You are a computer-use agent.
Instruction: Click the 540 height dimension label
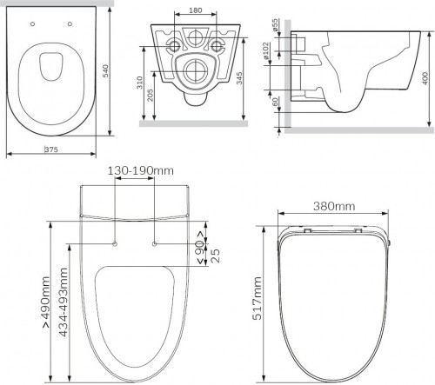(106, 71)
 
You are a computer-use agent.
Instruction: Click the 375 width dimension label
(52, 149)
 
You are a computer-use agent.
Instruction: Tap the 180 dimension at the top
(196, 10)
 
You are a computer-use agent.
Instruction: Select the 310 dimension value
(140, 83)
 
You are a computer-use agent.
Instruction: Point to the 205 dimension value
(151, 96)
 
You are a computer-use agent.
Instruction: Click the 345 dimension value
(239, 78)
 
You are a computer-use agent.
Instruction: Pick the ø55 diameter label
(275, 25)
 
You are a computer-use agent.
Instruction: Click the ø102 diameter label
(266, 50)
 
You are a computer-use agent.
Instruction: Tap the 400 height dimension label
(425, 78)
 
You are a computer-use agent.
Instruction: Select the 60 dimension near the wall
(275, 102)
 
